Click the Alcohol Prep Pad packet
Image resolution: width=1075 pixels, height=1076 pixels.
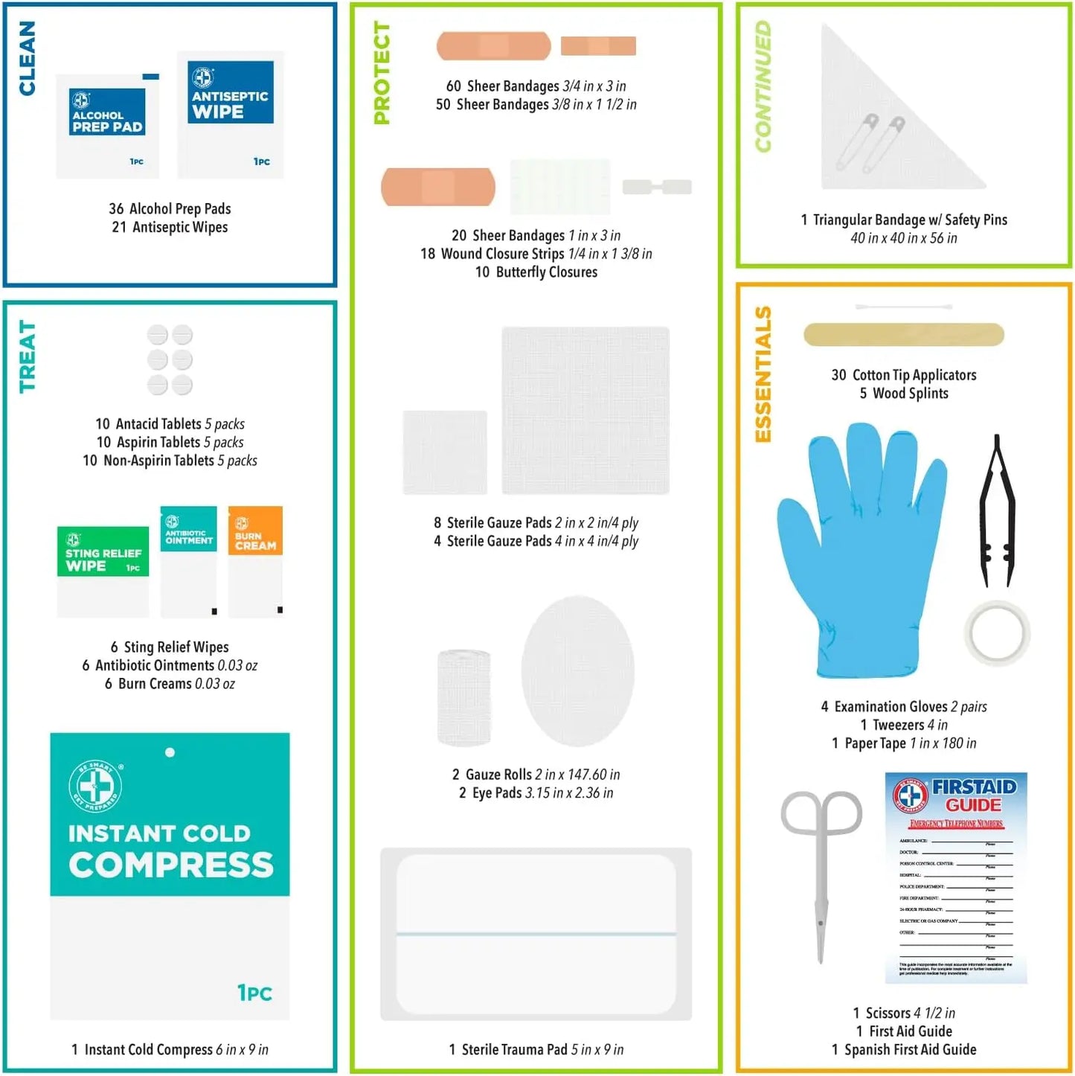[107, 127]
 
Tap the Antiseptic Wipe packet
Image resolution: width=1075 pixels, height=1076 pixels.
[231, 115]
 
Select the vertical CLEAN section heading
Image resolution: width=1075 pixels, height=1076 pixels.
[27, 58]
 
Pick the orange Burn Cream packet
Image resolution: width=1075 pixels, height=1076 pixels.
[255, 562]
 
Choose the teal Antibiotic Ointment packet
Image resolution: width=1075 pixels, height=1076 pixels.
[189, 562]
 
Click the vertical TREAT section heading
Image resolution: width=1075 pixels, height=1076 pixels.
[27, 356]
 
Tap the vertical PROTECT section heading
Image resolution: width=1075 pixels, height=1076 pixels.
[382, 73]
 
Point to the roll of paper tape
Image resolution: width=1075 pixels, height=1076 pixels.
[997, 633]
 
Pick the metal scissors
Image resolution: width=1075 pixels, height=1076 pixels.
[821, 871]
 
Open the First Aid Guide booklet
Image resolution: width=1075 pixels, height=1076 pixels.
[956, 878]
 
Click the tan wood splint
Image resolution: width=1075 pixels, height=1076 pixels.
[904, 335]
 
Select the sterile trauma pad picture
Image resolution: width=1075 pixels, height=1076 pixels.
[536, 934]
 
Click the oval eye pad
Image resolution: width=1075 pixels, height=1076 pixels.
[577, 671]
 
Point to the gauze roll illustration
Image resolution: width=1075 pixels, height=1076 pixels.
[464, 697]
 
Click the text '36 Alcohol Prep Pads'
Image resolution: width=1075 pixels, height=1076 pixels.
[170, 209]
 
